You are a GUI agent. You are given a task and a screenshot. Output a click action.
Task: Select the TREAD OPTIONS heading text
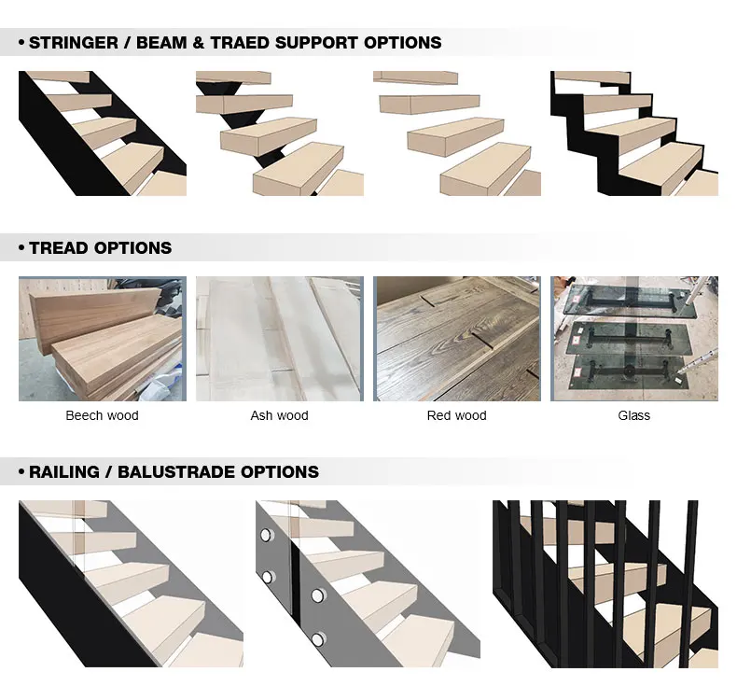coord(100,248)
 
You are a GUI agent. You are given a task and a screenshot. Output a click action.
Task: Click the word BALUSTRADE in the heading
coord(176,472)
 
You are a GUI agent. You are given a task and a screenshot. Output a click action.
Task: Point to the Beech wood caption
coord(102,415)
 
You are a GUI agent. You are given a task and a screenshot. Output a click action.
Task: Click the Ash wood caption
coord(279,415)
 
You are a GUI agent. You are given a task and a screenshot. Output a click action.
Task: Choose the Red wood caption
coord(456,415)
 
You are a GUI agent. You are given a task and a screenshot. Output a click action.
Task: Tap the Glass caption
coord(633,415)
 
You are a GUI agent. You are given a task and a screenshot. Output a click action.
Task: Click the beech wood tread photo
coord(102,339)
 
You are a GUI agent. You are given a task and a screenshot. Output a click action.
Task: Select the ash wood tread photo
coord(279,339)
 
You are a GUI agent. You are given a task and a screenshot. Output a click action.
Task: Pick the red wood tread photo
coord(456,339)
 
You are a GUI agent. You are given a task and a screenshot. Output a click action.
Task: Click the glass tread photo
coord(633,339)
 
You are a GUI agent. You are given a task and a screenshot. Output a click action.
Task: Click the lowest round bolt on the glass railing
coord(318,640)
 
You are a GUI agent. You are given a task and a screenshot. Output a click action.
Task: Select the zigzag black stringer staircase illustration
coord(633,133)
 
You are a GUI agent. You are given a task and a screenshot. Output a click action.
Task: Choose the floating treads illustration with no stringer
coord(456,133)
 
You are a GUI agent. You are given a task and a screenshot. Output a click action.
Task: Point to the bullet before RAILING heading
coord(21,473)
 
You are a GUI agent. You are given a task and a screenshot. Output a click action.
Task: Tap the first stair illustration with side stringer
coord(102,133)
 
